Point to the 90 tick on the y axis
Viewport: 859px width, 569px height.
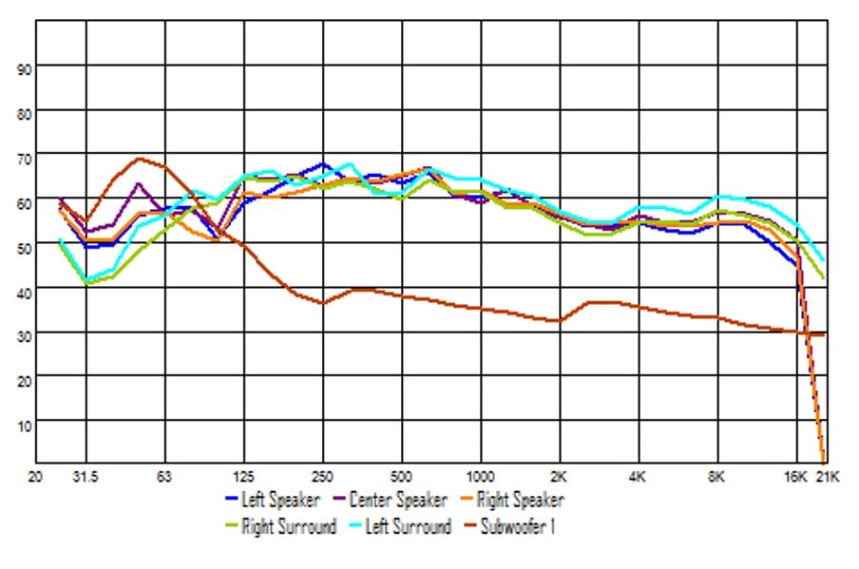tap(25, 68)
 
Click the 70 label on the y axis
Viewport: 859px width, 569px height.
tap(25, 158)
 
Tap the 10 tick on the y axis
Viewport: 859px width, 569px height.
tap(25, 425)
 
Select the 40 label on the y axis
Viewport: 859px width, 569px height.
tap(25, 292)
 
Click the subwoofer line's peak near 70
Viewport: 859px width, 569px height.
tap(139, 159)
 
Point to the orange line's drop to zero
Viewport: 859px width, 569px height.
tap(822, 459)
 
